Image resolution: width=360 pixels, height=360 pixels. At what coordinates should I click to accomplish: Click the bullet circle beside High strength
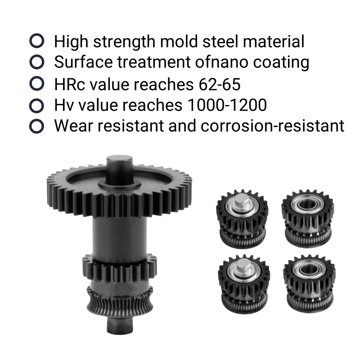pos(37,40)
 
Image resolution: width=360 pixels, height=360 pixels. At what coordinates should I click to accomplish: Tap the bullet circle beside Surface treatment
pos(37,62)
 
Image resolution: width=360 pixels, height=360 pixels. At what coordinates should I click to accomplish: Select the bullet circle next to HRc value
pos(37,83)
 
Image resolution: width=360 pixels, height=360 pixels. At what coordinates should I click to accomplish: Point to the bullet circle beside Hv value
pos(37,106)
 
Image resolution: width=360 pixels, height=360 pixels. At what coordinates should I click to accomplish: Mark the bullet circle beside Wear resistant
pos(37,126)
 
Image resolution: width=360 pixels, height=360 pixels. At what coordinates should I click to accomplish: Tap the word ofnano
pos(221,62)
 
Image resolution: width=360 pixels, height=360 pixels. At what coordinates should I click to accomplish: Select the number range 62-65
pos(220,84)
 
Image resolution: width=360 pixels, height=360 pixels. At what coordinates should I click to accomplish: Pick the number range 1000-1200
pos(227,105)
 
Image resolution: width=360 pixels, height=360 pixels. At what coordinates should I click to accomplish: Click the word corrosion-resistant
pos(273,126)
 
